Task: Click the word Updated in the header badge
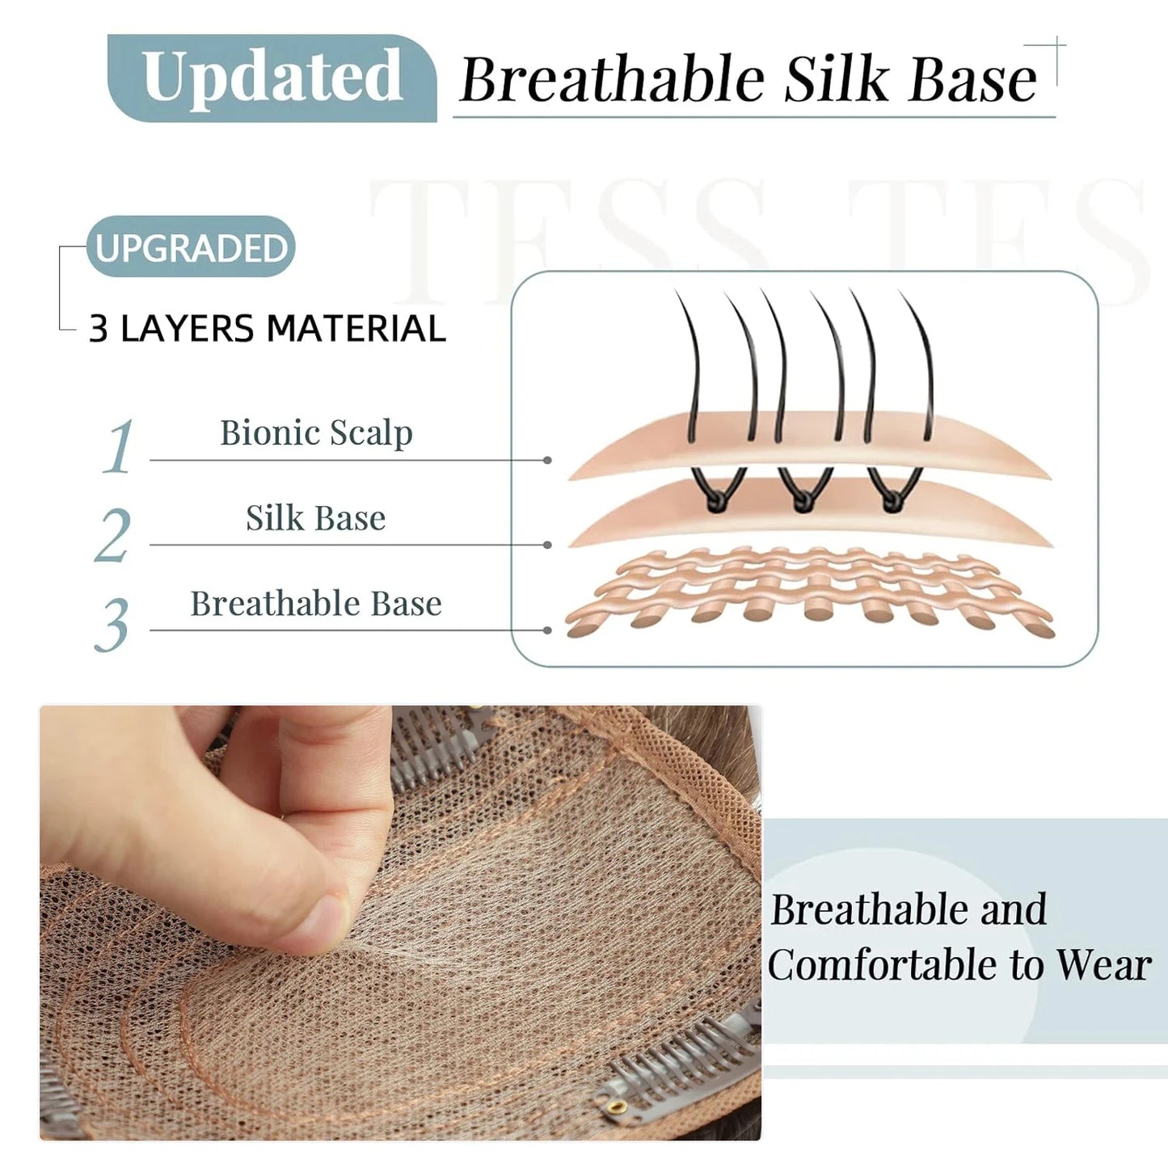tap(272, 77)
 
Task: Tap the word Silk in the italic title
tap(836, 79)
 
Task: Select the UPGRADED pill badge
tap(191, 247)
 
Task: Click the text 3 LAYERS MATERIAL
tap(267, 329)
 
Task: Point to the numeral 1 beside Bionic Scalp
tap(119, 446)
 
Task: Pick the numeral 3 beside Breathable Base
tap(112, 624)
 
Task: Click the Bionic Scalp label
tap(316, 433)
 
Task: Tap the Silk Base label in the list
tap(315, 518)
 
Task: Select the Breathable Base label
tap(316, 604)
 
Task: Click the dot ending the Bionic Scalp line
tap(547, 460)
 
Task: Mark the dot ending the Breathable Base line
tap(547, 630)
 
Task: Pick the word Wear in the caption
tap(1103, 965)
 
